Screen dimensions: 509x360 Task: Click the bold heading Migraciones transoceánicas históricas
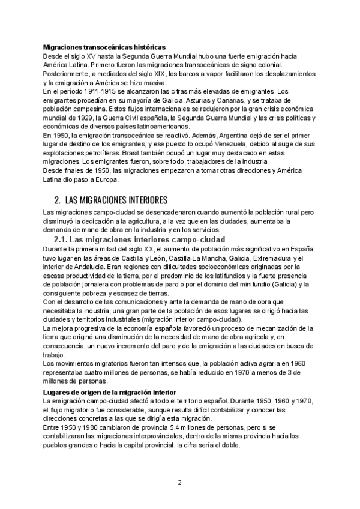(106, 47)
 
